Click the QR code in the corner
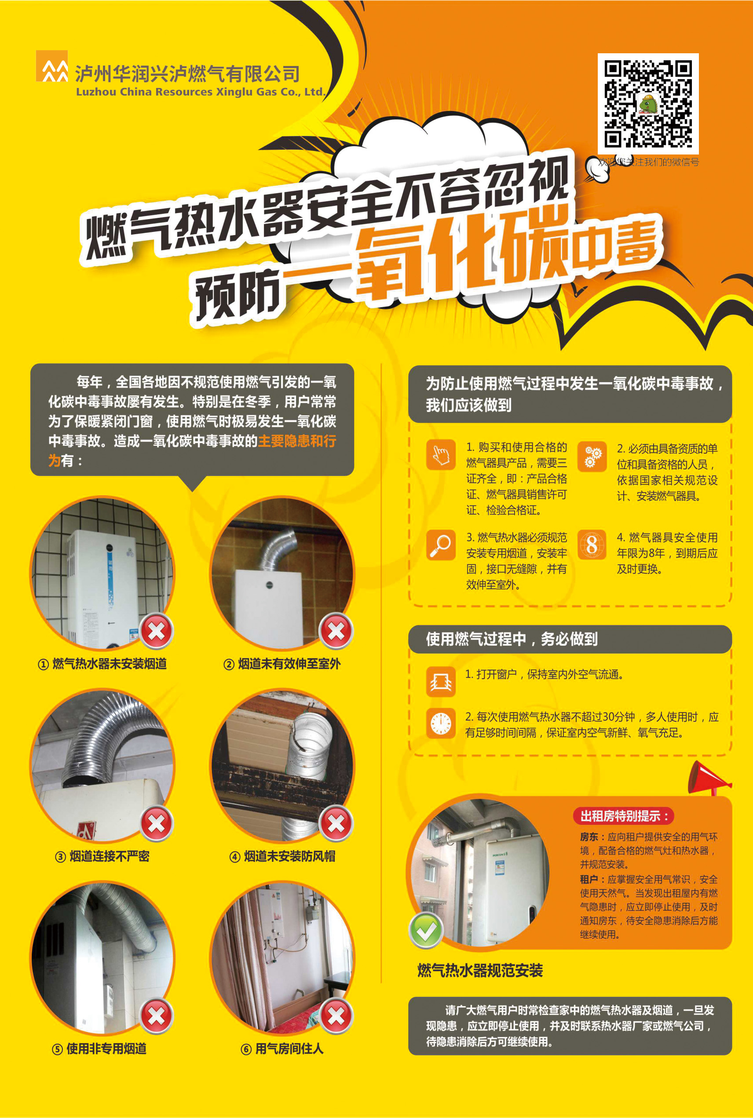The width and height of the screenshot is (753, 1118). [648, 103]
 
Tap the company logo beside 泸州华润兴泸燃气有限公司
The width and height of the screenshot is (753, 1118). [52, 66]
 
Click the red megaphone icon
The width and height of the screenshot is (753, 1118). [708, 778]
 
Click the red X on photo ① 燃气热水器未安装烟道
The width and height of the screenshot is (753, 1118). [156, 631]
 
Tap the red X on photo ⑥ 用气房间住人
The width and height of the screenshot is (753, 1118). [336, 1016]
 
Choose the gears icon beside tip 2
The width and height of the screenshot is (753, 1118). [592, 456]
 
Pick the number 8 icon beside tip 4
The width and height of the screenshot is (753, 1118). [592, 545]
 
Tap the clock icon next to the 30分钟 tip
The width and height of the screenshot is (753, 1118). [441, 723]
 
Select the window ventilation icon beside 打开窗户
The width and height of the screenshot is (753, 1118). [441, 681]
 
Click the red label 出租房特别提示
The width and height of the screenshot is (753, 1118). [624, 816]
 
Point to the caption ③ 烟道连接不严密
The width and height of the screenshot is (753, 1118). [102, 856]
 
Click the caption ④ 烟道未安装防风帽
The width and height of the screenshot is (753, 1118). [282, 856]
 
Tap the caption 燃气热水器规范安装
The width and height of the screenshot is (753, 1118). [480, 970]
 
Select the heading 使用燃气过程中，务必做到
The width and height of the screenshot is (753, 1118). [512, 639]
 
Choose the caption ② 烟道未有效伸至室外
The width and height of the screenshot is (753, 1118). [282, 664]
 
